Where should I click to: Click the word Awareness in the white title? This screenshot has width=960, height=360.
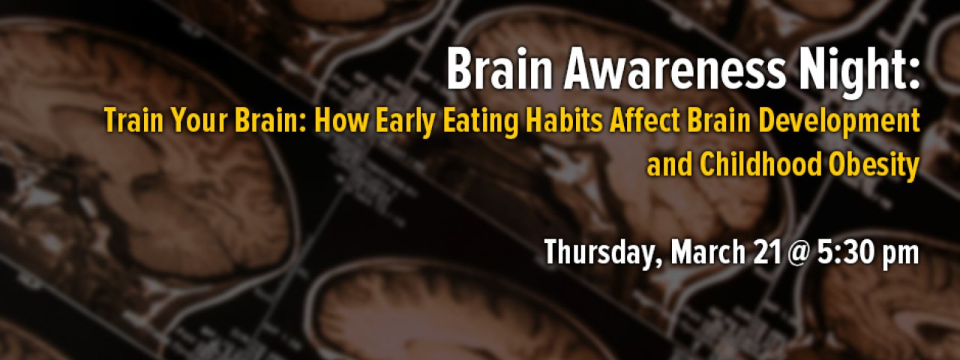pos(673,70)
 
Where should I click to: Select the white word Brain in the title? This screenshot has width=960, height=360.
pos(499,70)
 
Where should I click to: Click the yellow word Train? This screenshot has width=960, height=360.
pos(133,121)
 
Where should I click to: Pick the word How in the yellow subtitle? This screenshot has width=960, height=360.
pos(340,121)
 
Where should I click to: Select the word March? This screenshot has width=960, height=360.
pos(708,252)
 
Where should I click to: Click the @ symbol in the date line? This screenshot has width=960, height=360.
pos(799,253)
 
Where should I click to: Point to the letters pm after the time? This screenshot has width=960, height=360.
pos(900,256)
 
